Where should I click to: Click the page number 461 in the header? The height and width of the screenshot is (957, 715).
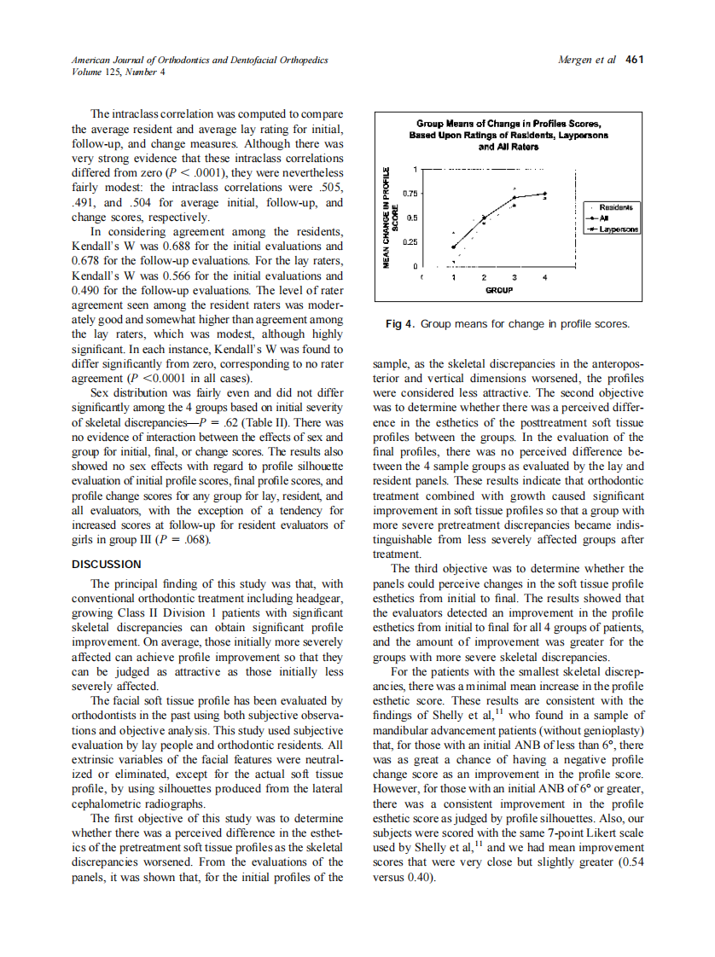(x=634, y=60)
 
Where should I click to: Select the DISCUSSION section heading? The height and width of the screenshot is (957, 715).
(x=107, y=565)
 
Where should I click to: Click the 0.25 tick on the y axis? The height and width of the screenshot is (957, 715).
(x=410, y=242)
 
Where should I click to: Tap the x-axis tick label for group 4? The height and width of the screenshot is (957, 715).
(x=544, y=277)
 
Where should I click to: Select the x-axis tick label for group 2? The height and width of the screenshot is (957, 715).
(x=484, y=277)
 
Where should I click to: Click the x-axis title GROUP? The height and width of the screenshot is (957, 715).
(x=498, y=290)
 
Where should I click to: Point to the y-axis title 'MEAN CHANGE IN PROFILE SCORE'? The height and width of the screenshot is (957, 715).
(x=390, y=217)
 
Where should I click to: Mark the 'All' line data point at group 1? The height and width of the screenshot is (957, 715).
(x=453, y=247)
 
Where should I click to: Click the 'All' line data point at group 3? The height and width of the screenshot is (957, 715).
(x=514, y=198)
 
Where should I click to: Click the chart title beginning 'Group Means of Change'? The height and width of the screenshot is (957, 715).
(x=509, y=135)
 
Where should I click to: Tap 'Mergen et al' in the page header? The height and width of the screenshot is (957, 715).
(x=586, y=60)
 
